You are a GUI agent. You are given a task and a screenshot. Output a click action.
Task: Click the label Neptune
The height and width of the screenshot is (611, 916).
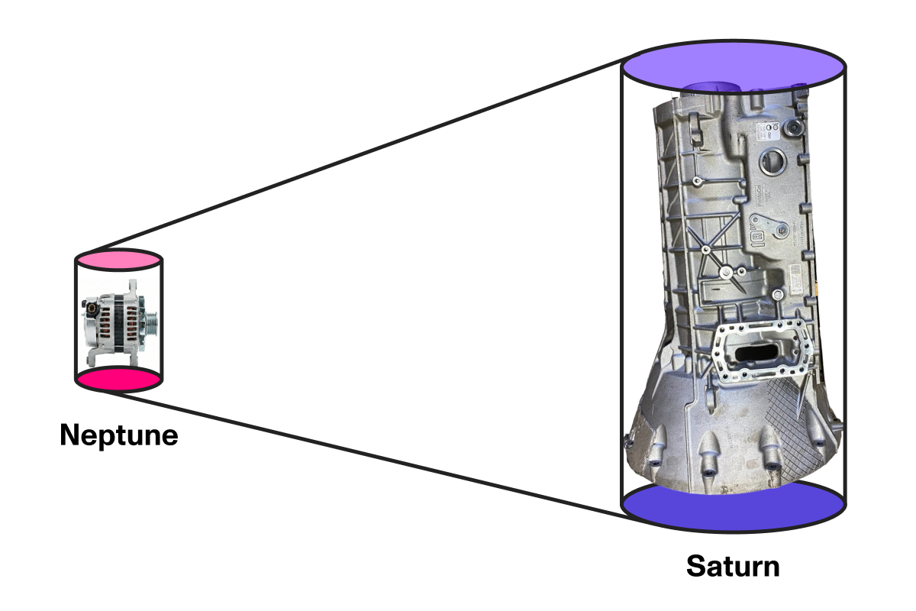click(118, 435)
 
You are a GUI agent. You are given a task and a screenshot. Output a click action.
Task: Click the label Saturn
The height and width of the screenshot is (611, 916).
click(733, 567)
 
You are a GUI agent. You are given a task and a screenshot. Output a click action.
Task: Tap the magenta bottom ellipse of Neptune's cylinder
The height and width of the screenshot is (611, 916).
click(118, 380)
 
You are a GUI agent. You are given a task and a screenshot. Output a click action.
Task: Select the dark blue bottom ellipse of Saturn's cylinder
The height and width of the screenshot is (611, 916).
click(733, 506)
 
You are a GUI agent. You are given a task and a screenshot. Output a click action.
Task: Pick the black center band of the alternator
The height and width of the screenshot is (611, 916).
click(118, 321)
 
